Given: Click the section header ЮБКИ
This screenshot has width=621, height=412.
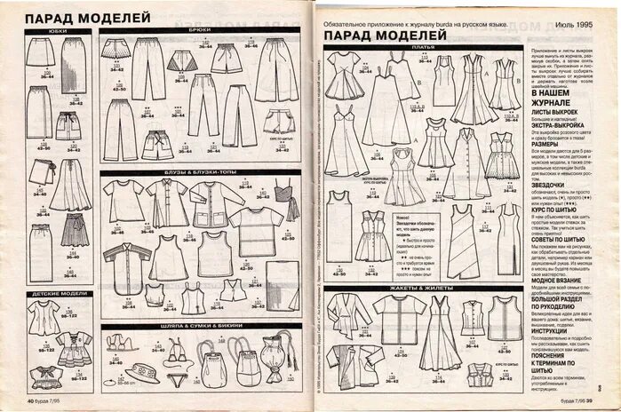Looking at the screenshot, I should coord(58,32).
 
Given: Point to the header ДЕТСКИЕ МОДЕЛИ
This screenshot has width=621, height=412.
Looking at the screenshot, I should coord(58,292).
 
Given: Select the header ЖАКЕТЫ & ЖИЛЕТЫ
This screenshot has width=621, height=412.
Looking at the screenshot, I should coord(424,289).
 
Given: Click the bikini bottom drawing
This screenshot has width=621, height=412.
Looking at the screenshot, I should coord(179,378).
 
